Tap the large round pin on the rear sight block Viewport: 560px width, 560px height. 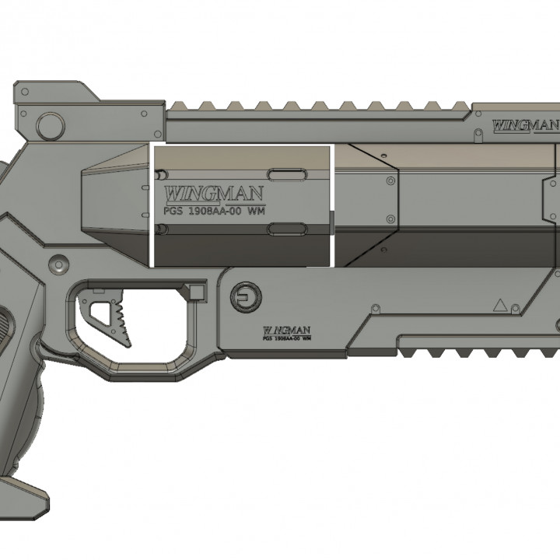click(x=51, y=123)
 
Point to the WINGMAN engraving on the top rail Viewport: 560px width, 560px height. click(x=526, y=124)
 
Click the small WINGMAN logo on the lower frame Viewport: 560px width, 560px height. click(x=288, y=330)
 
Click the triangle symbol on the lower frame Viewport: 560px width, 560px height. click(x=500, y=306)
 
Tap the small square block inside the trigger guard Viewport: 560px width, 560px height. click(x=197, y=292)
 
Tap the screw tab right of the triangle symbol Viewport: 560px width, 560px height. click(x=517, y=309)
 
